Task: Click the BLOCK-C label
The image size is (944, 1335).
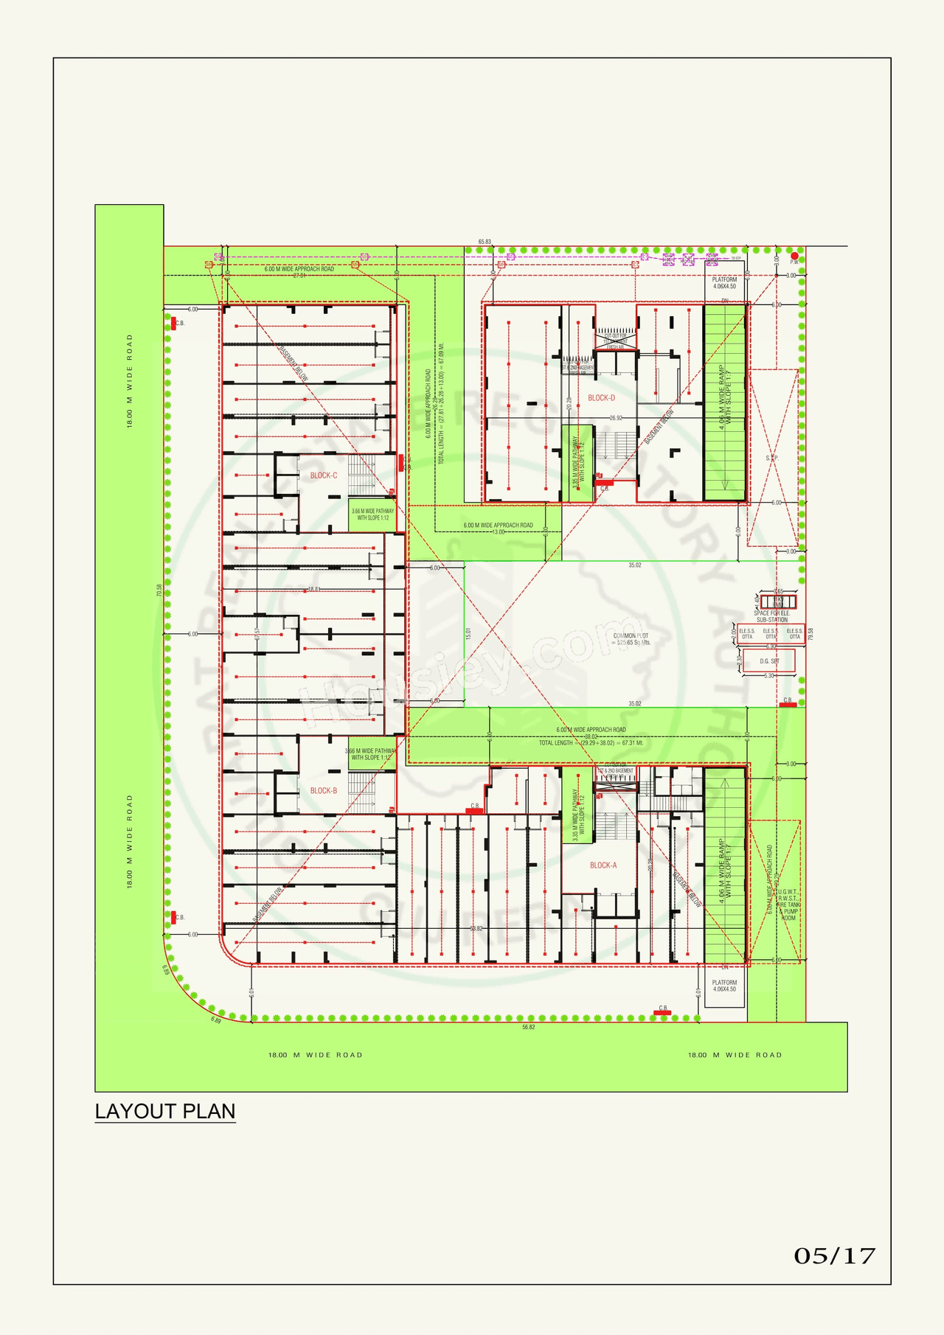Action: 323,475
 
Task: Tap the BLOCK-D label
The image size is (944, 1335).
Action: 601,398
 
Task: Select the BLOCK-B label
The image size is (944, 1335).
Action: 323,791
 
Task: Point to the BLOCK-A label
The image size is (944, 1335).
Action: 603,865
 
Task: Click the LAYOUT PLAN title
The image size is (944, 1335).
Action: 165,1111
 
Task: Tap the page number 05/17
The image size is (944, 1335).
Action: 834,1255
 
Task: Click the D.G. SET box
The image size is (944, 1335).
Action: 769,661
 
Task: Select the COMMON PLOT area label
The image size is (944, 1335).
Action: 631,638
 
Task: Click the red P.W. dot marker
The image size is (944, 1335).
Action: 794,256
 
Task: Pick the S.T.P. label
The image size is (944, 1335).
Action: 771,458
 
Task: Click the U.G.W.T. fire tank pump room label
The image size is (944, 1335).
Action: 788,904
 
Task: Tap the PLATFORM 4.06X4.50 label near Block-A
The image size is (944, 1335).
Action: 724,986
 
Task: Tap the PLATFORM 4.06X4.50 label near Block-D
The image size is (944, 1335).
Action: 724,283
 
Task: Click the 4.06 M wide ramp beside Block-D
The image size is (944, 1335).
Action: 725,402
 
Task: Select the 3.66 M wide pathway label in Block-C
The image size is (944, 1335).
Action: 372,514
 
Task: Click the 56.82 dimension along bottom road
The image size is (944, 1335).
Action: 528,1027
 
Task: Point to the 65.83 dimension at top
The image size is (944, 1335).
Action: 485,242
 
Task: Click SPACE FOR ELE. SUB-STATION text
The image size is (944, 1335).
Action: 771,616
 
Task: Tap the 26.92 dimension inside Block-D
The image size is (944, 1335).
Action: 616,418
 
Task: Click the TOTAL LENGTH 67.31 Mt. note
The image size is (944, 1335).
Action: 591,743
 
